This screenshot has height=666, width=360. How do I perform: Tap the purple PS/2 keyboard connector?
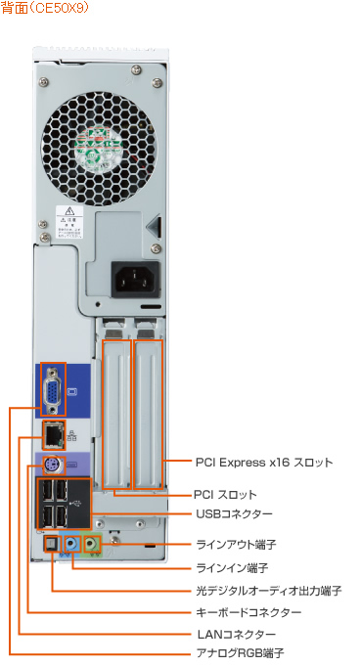tap(53, 464)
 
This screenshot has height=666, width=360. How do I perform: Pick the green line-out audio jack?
tap(93, 542)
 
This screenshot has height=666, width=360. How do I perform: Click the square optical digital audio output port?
tap(52, 544)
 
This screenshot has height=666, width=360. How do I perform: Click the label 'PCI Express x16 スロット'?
tap(263, 461)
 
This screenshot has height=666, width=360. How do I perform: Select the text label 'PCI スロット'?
tap(225, 495)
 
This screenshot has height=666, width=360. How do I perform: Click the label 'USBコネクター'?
tap(234, 513)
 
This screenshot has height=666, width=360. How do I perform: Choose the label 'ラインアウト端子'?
tap(238, 544)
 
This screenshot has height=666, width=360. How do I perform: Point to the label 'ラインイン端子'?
tap(233, 567)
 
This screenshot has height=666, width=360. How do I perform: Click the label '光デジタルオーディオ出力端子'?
tap(268, 591)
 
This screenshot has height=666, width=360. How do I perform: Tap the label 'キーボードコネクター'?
tap(248, 612)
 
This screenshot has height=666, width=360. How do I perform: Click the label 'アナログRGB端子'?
tap(239, 651)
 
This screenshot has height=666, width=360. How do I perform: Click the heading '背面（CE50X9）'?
tap(45, 9)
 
